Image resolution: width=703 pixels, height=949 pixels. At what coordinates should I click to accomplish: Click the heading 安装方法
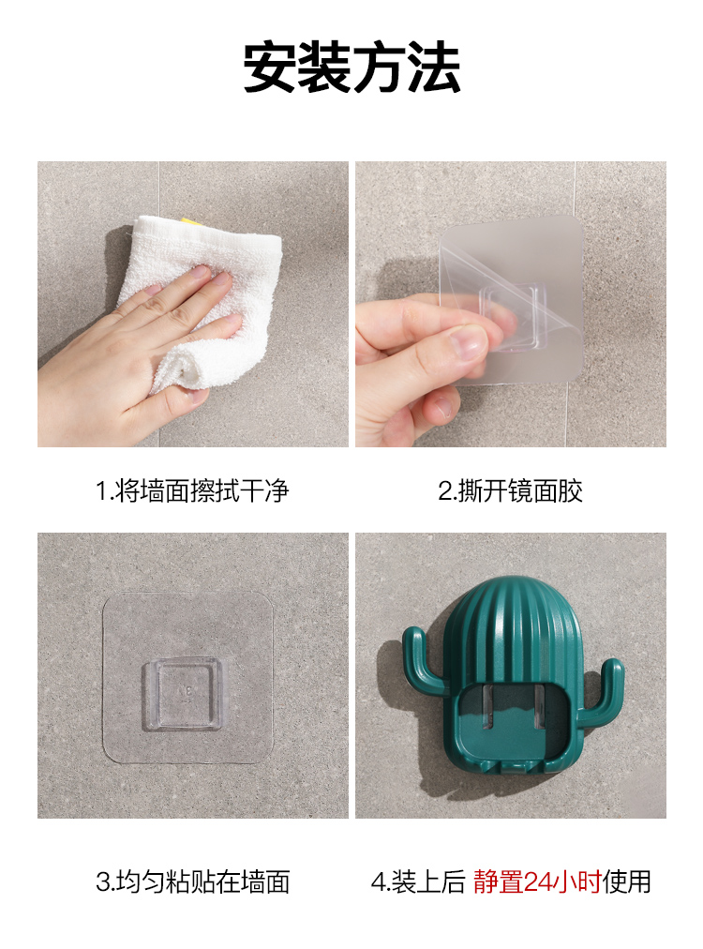coord(351,67)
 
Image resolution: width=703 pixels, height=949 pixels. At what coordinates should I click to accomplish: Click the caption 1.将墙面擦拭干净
coord(192,490)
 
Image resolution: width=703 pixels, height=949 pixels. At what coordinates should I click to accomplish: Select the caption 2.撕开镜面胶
coord(510,490)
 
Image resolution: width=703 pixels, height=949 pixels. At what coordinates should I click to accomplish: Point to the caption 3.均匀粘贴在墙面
coord(192,881)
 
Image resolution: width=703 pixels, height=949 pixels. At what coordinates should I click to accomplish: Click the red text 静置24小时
coord(537,881)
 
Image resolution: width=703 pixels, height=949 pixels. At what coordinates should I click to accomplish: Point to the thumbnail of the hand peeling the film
coord(511,304)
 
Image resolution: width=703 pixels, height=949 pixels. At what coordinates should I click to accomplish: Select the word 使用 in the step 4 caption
coord(627,881)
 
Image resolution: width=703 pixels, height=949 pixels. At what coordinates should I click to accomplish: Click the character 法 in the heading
coord(434,67)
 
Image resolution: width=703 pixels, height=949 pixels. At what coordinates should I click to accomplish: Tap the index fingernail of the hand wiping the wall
coord(201,273)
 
